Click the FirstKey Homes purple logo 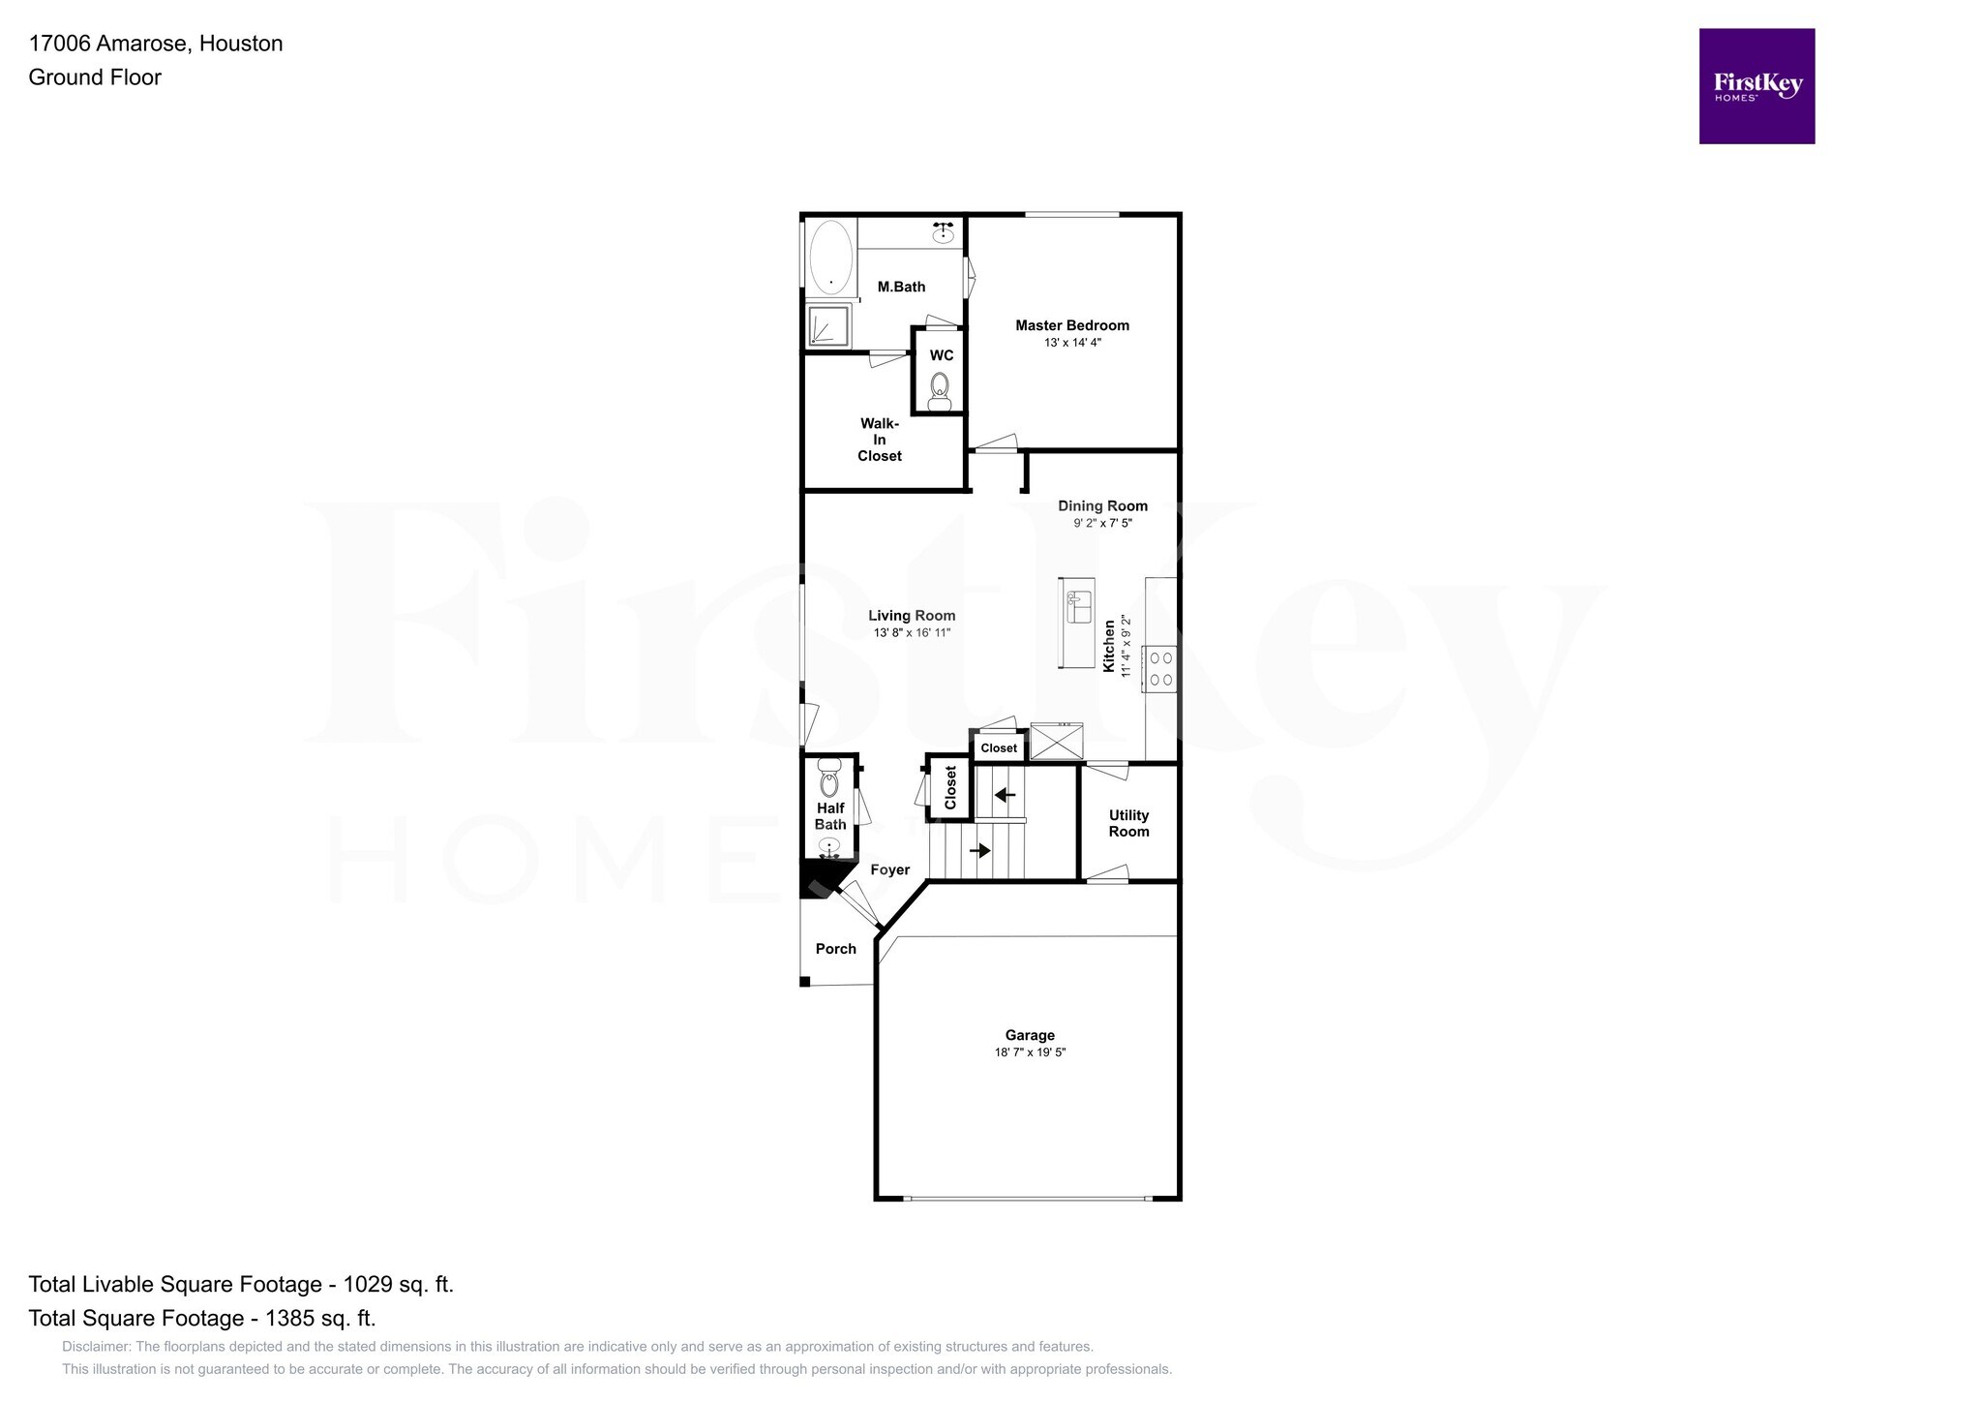point(1757,86)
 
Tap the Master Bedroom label point(1071,325)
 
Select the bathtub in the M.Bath point(830,257)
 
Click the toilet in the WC point(939,391)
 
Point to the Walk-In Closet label point(879,440)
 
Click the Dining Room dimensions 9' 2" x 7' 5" point(1102,523)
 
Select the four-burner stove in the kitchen point(1160,669)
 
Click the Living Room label point(911,616)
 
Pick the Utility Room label point(1128,823)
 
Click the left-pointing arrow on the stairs point(1005,795)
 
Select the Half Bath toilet point(829,778)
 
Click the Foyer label point(889,869)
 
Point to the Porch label point(835,949)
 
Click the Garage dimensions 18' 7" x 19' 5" point(1030,1052)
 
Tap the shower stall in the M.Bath point(829,325)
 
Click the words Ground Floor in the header point(95,77)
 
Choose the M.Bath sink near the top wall point(943,232)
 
